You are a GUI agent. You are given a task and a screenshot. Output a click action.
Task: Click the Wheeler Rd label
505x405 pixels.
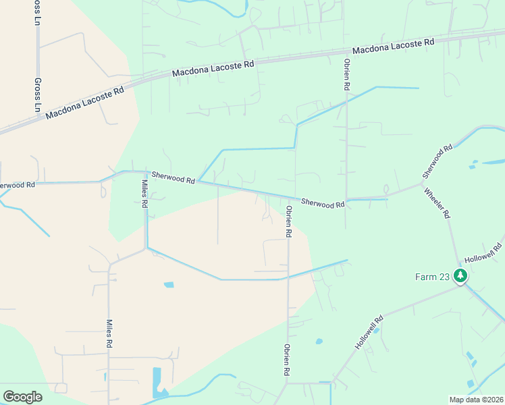437,203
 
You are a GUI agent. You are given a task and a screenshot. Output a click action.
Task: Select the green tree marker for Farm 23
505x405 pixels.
460,275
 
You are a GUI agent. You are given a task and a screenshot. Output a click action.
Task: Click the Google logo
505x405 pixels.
22,397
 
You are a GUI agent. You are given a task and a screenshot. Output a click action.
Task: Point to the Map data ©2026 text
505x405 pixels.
476,400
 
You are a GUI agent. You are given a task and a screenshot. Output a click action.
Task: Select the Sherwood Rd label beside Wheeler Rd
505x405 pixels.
437,161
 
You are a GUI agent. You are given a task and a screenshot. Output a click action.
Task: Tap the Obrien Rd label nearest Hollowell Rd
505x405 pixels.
287,360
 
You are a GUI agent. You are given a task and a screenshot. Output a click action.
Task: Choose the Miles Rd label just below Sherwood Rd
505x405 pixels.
144,194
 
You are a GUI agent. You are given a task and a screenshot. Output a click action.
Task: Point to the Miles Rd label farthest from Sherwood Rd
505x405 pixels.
108,334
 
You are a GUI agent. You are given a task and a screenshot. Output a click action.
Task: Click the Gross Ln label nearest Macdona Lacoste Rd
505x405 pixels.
37,94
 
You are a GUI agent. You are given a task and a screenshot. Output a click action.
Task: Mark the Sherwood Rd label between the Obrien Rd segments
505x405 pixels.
323,202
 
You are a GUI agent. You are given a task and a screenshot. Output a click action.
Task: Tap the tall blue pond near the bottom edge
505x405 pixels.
157,380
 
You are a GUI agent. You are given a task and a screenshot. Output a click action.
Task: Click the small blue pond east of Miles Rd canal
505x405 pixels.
169,285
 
